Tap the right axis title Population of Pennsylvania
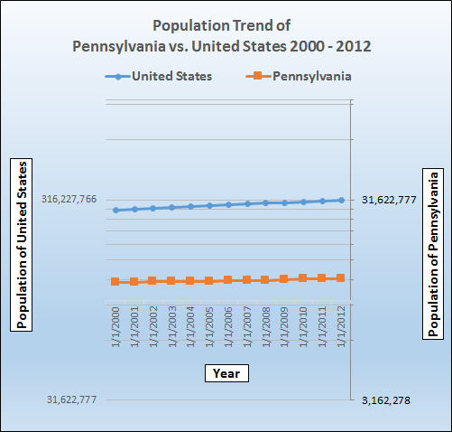click(x=434, y=253)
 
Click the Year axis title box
click(x=226, y=372)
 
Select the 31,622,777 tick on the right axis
click(x=388, y=200)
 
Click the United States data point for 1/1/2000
click(x=115, y=210)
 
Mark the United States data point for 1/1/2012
click(x=341, y=200)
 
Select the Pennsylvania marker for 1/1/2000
click(x=115, y=281)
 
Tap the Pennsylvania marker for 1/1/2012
click(x=341, y=278)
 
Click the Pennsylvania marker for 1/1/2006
click(x=228, y=280)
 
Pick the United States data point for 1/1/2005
click(x=209, y=205)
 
